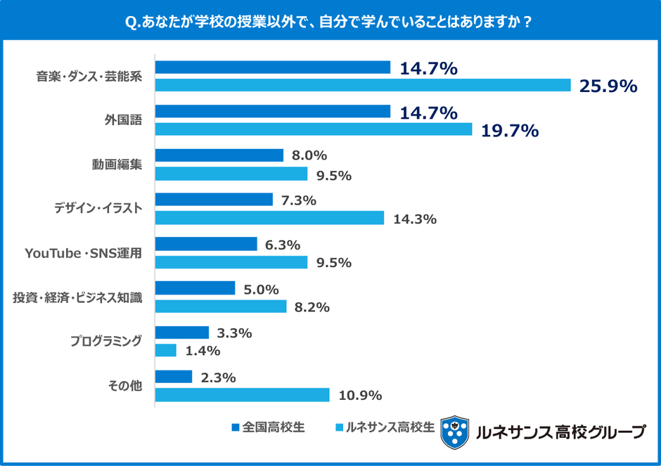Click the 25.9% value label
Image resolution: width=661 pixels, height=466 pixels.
pos(608,86)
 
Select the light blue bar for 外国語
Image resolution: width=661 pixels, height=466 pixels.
pos(314,129)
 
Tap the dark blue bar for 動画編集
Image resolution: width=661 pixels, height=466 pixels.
pos(219,155)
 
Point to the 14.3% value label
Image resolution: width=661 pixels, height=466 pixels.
pos(415,219)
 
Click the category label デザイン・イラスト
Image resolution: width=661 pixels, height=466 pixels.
pos(98,208)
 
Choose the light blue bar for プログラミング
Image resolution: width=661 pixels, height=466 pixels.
pos(165,350)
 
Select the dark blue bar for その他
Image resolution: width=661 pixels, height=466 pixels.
pos(173,377)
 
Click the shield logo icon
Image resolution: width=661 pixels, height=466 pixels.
pos(454,432)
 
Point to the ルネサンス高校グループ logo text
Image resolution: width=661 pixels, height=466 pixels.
pos(560,432)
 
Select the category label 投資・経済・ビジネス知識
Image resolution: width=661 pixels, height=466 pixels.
pos(77,297)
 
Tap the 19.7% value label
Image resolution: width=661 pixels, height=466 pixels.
pos(509,130)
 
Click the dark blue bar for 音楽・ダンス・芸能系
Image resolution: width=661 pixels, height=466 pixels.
pos(272,67)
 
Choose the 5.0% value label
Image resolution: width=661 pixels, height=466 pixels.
pos(261,289)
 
